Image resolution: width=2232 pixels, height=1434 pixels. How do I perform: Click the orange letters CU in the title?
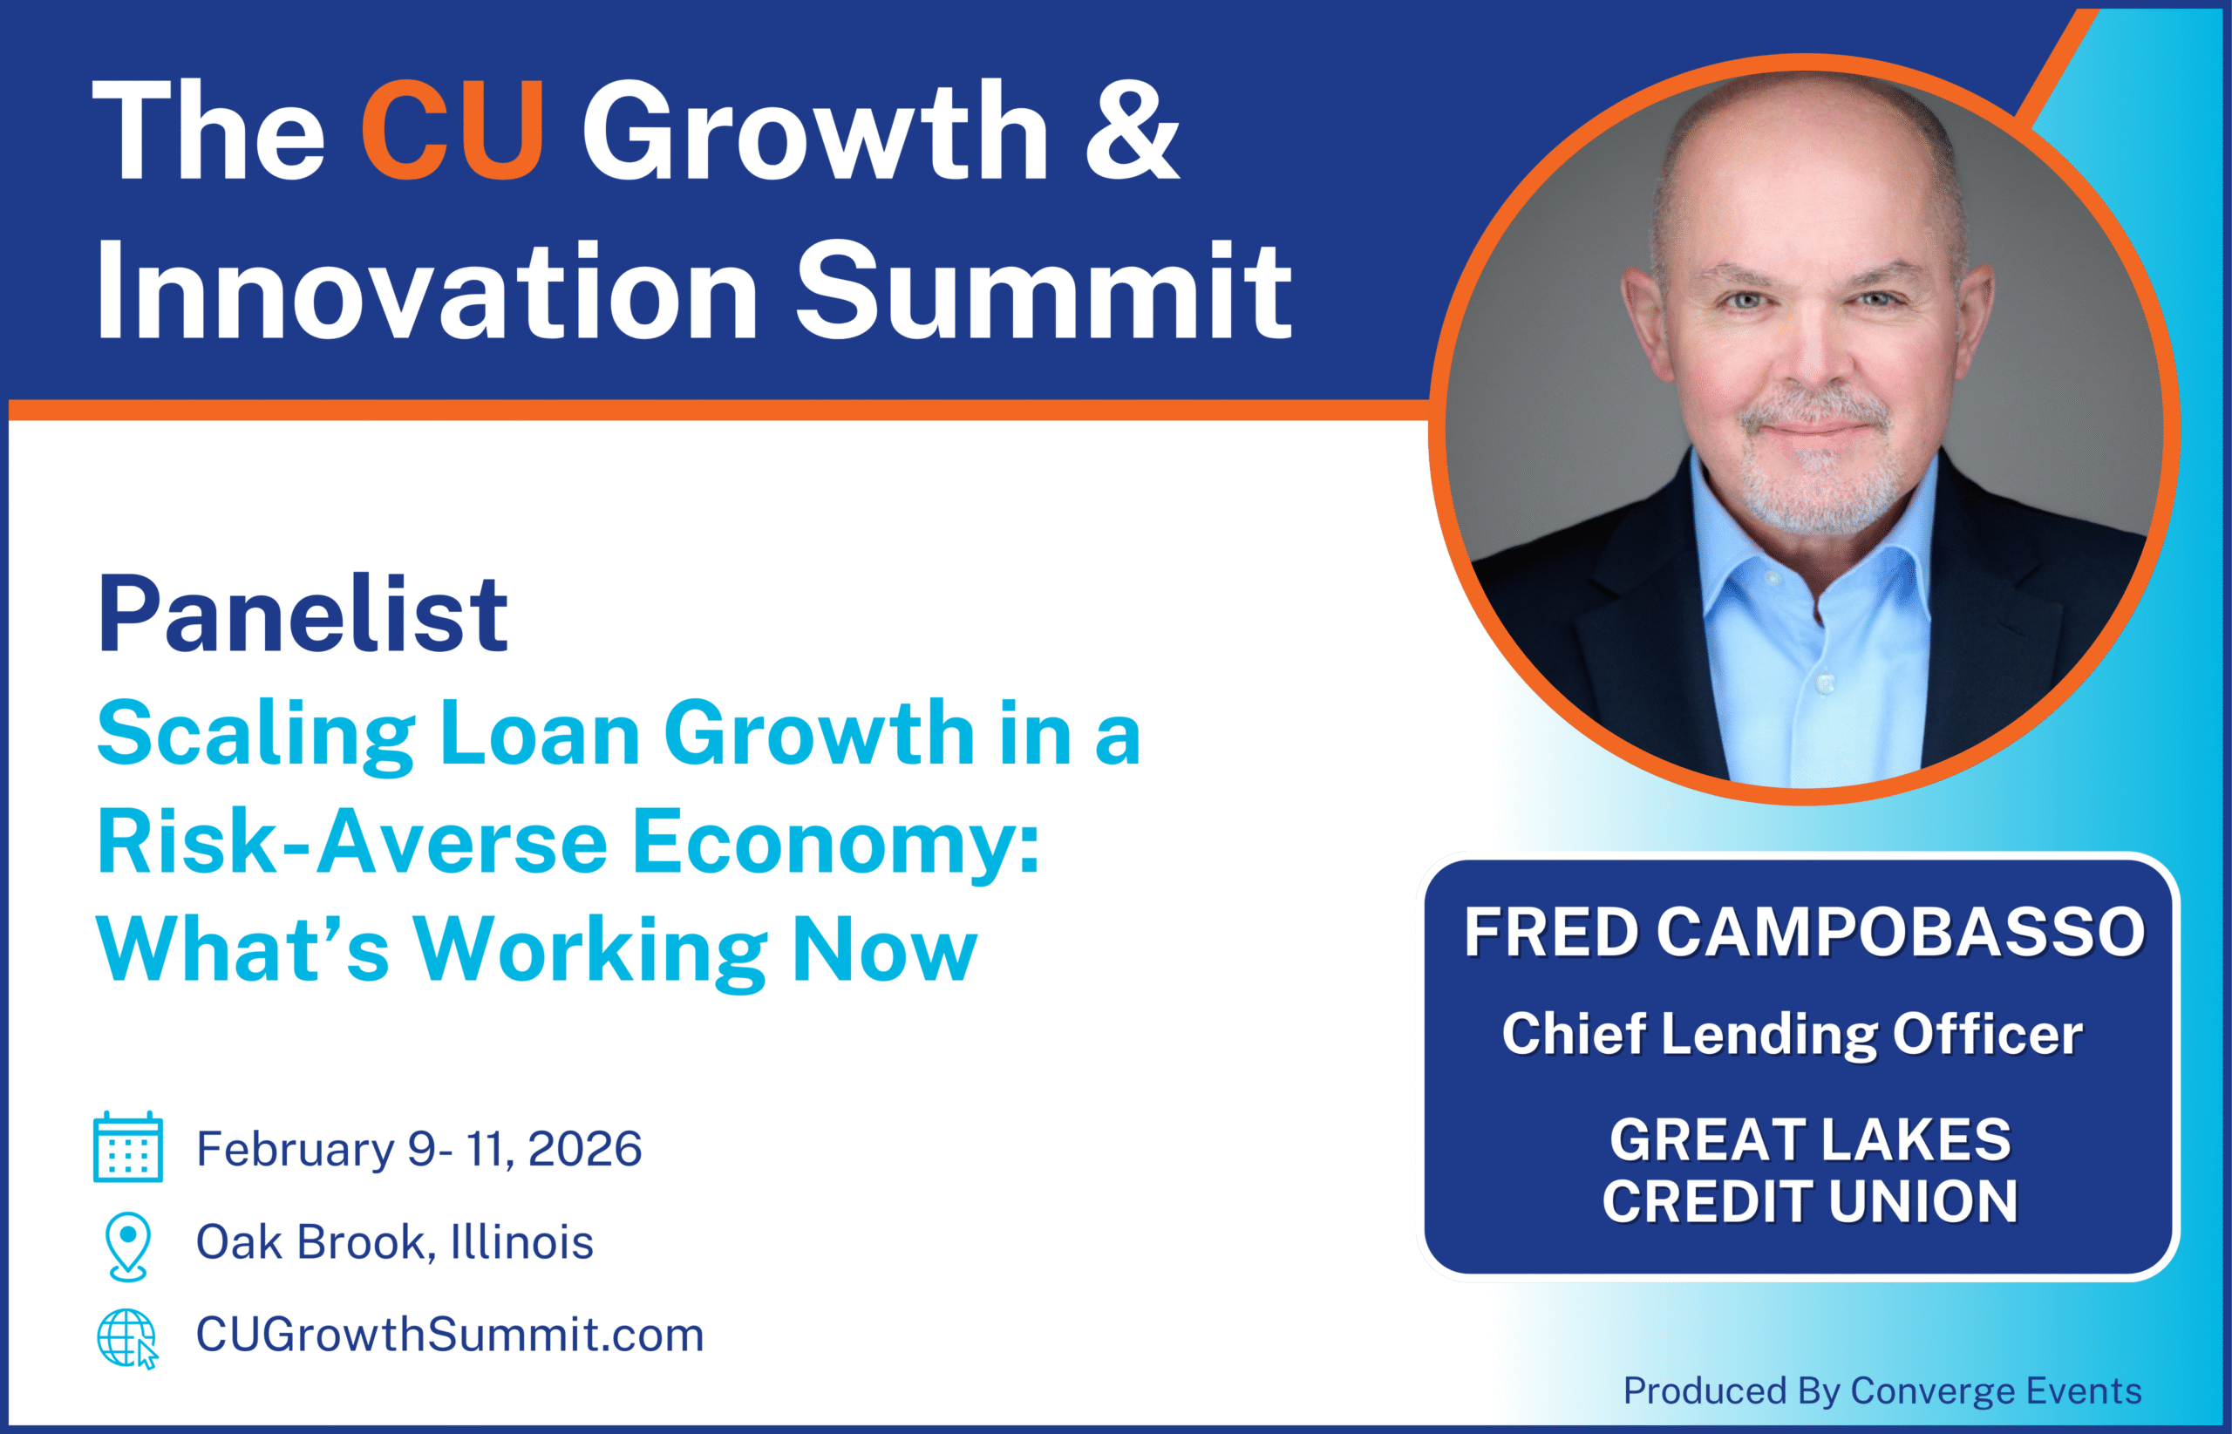tap(453, 131)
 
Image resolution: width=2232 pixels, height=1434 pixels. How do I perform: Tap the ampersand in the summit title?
tap(1133, 131)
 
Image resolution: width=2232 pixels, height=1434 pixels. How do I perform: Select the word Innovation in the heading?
tap(427, 290)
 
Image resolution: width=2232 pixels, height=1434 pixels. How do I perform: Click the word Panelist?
tap(303, 615)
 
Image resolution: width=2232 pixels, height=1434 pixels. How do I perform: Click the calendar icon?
tap(128, 1147)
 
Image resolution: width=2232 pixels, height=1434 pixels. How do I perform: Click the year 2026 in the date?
tap(585, 1149)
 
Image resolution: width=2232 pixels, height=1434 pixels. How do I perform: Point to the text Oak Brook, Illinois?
tap(395, 1242)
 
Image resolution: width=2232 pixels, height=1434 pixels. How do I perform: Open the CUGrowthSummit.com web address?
tap(450, 1335)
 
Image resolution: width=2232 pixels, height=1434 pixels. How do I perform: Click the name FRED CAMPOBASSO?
tap(1805, 932)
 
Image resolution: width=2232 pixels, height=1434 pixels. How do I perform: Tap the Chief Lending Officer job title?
tap(1793, 1035)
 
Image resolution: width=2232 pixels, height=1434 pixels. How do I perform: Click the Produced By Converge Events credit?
tap(1882, 1391)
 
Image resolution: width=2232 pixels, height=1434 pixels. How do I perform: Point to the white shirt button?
tap(1826, 684)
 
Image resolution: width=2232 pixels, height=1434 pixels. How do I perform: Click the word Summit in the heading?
tap(1043, 290)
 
